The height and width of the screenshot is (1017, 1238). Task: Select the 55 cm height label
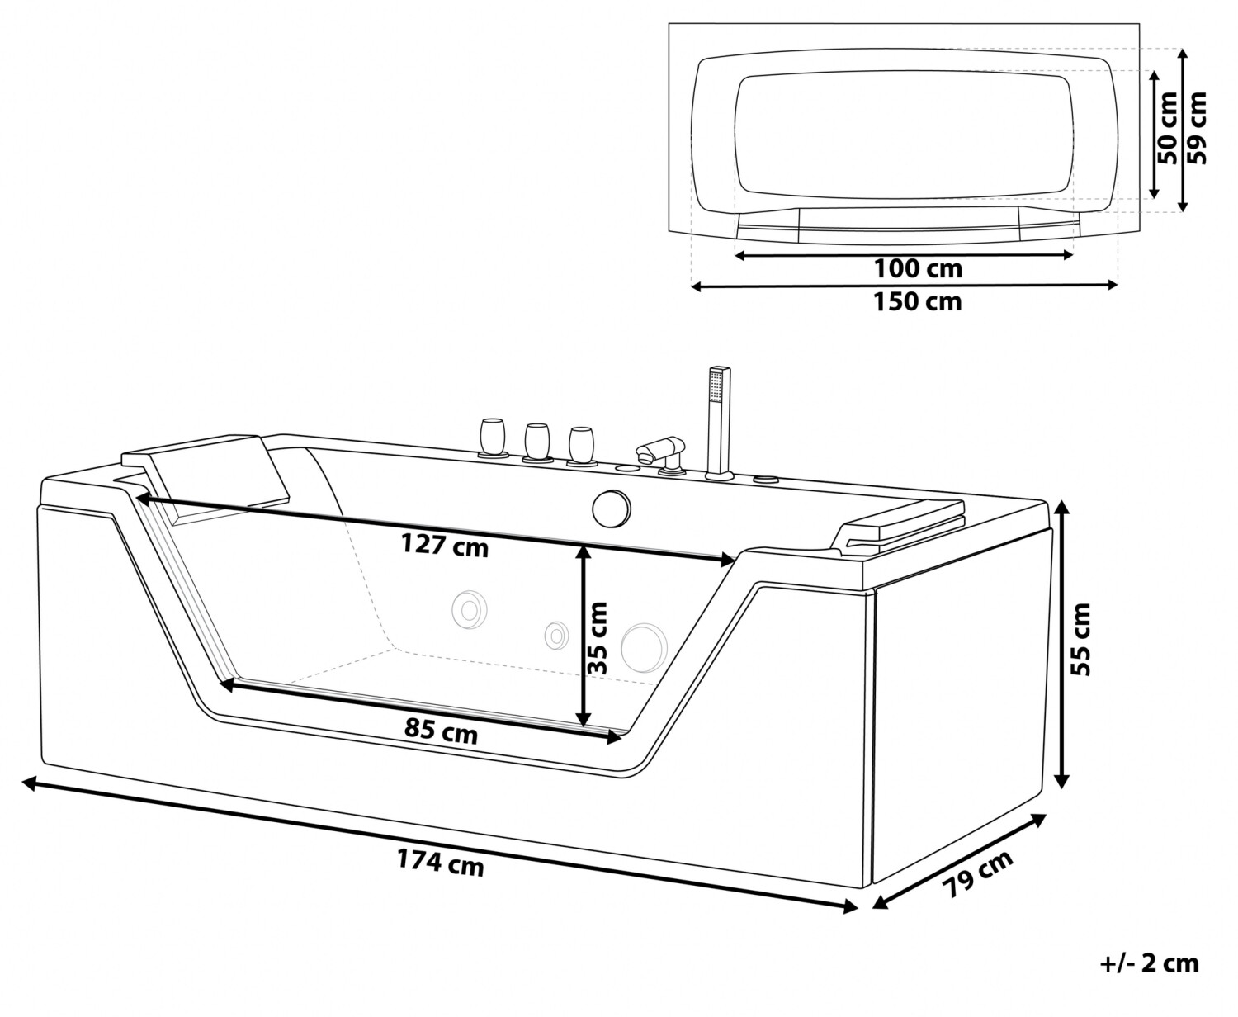click(1080, 640)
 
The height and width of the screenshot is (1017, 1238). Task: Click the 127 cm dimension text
click(444, 546)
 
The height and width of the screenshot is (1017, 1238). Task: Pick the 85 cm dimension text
click(441, 732)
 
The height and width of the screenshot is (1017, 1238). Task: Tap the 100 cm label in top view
click(918, 269)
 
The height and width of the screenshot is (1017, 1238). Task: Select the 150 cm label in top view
click(918, 302)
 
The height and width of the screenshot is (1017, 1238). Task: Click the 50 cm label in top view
click(1168, 127)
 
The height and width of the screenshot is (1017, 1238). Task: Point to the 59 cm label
click(1197, 128)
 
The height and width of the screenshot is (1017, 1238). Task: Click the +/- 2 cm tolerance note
click(1149, 963)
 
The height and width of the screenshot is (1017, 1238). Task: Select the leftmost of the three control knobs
click(493, 438)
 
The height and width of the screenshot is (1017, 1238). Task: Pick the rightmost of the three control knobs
click(580, 447)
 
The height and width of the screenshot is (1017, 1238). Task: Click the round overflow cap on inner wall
click(612, 508)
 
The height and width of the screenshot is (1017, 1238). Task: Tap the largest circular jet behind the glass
click(644, 648)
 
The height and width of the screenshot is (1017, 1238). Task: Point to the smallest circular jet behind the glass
click(556, 636)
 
